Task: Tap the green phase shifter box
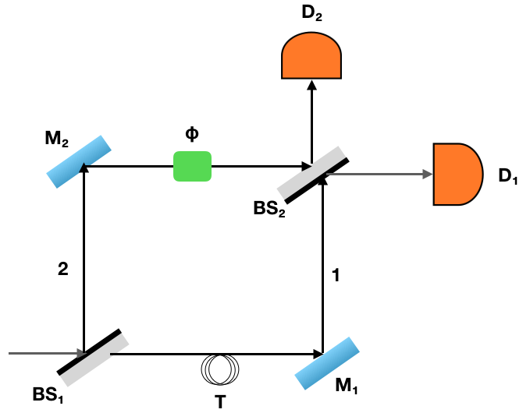tap(192, 166)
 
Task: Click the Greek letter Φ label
tap(192, 133)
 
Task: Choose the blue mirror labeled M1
tap(327, 363)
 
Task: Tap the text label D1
tap(508, 178)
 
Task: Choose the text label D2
tap(310, 13)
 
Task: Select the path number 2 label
tap(63, 269)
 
